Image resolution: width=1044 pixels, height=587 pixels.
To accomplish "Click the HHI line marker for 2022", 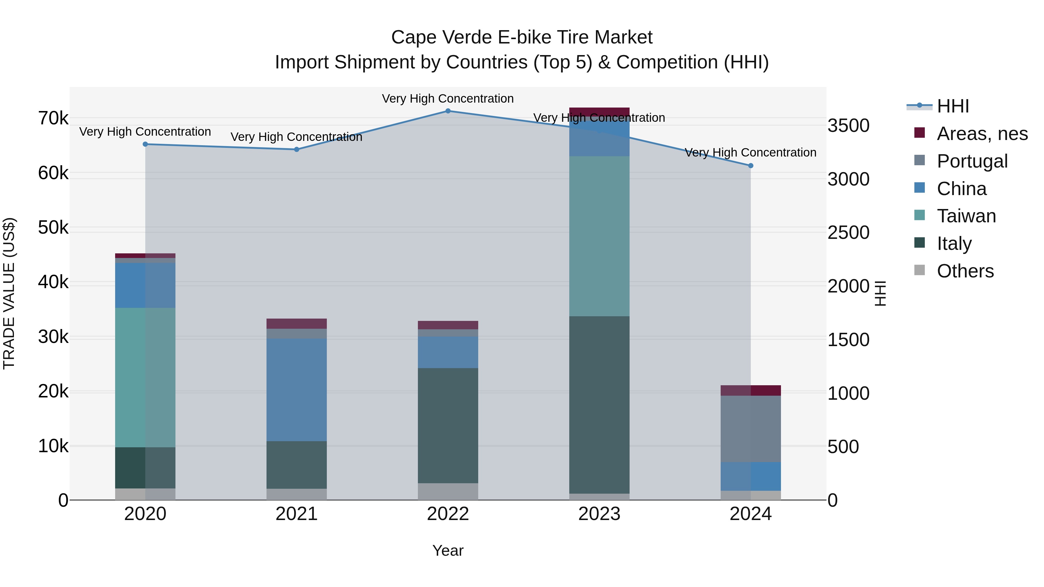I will [x=448, y=111].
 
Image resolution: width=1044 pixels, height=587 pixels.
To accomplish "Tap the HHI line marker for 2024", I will [x=751, y=166].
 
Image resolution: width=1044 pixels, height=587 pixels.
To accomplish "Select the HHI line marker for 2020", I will [x=145, y=144].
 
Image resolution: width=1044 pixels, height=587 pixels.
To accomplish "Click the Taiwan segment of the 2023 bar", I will [x=599, y=236].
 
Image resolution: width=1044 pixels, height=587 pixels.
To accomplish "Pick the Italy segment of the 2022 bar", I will [x=448, y=425].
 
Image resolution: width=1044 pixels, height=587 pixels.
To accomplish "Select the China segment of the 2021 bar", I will [x=296, y=390].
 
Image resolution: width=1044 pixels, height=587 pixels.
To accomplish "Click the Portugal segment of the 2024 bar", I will [x=751, y=429].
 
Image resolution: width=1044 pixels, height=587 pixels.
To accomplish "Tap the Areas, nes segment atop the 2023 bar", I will [x=599, y=112].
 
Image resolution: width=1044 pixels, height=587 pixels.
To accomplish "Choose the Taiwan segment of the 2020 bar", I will [x=145, y=377].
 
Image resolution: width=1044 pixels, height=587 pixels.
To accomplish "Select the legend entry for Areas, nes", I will [x=982, y=134].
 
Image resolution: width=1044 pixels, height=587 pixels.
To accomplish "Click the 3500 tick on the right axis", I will [x=848, y=126].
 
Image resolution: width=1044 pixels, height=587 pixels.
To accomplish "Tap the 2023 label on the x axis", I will [x=599, y=514].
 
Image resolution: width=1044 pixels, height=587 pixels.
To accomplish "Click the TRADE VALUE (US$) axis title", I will [x=9, y=293].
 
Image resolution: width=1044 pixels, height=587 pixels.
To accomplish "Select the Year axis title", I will [x=448, y=550].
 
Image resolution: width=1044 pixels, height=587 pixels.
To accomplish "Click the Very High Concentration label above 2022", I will [x=448, y=99].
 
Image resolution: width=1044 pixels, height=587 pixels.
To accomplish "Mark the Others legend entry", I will [x=965, y=271].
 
